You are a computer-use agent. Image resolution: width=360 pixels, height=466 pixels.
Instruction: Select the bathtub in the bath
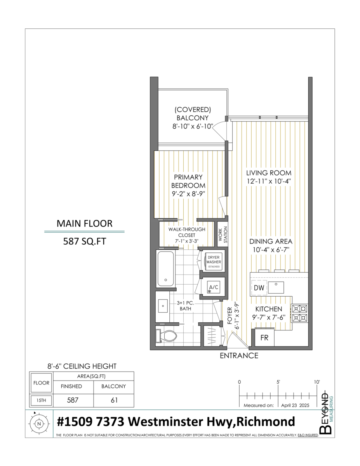tap(166, 269)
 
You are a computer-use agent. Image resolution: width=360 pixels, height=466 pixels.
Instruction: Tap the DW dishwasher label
tap(259, 288)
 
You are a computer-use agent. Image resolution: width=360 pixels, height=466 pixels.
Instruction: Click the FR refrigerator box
tap(264, 337)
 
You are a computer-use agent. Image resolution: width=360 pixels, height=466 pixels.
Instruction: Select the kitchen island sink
tap(277, 287)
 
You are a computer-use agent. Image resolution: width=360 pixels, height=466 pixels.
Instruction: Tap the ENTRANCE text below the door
tap(239, 355)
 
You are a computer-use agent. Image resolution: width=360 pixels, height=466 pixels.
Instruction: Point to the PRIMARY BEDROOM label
tap(188, 181)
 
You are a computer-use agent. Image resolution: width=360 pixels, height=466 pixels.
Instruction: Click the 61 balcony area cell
tap(114, 400)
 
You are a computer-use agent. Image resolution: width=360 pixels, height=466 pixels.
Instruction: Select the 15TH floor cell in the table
tap(41, 400)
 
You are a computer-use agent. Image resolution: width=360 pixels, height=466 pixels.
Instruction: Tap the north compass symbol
tap(38, 424)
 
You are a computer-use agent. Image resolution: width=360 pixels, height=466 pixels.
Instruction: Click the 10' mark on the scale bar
tap(317, 382)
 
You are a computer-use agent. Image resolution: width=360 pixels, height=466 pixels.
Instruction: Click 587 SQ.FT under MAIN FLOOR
tap(84, 241)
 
